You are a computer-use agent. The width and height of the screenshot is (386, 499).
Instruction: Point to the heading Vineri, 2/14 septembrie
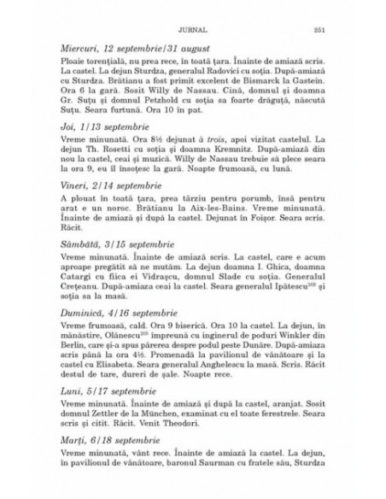click(115, 203)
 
